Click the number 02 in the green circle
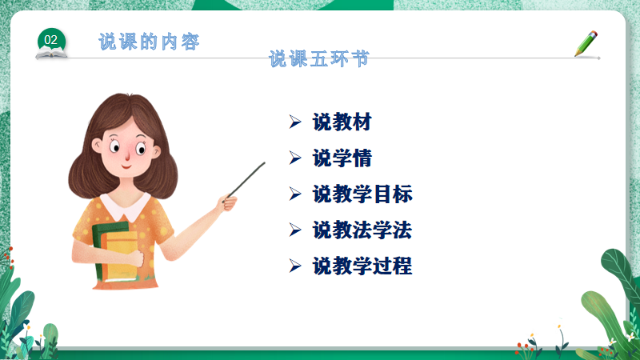(x=50, y=40)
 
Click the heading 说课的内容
(x=149, y=42)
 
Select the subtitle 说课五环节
(x=319, y=58)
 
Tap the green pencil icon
(x=586, y=43)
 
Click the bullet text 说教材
(x=342, y=122)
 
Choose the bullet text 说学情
(x=342, y=158)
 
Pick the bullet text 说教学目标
(x=362, y=194)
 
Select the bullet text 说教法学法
(x=362, y=230)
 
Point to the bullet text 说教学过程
(x=362, y=266)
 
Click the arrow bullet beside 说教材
(x=295, y=122)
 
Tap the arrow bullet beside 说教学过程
(x=295, y=266)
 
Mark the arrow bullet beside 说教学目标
(x=295, y=194)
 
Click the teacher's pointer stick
(x=245, y=182)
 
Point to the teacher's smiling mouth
(x=126, y=166)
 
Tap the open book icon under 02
(x=51, y=53)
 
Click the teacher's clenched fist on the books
(x=135, y=258)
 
